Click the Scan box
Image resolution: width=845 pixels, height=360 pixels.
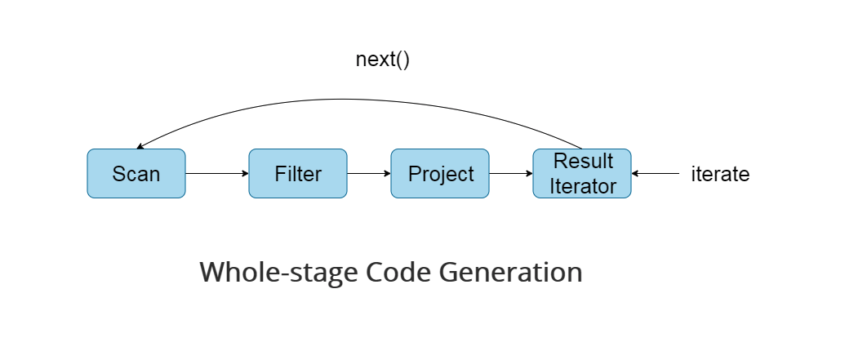[x=136, y=174]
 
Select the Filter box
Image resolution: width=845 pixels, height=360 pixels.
[x=297, y=174]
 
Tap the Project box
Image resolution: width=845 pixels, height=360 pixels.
[x=440, y=174]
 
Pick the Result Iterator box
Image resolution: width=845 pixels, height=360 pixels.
[x=582, y=174]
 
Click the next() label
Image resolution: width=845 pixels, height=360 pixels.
[x=382, y=60]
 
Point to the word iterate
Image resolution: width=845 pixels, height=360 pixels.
[x=720, y=174]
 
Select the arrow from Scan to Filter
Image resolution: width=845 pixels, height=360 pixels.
[x=216, y=174]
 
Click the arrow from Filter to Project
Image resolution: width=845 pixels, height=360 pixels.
[x=368, y=174]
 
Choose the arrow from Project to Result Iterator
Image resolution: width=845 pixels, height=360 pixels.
[x=510, y=174]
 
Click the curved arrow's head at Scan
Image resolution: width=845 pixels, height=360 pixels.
[x=140, y=147]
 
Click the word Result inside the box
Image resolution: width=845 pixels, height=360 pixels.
[x=582, y=161]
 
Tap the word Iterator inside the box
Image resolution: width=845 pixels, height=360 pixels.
[x=582, y=186]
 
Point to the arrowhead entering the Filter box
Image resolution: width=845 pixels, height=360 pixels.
[x=245, y=174]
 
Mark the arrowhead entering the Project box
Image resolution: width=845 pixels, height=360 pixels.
[x=387, y=174]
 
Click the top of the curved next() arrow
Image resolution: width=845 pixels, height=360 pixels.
[x=359, y=100]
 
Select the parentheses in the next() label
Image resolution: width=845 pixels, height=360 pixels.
[x=401, y=60]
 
